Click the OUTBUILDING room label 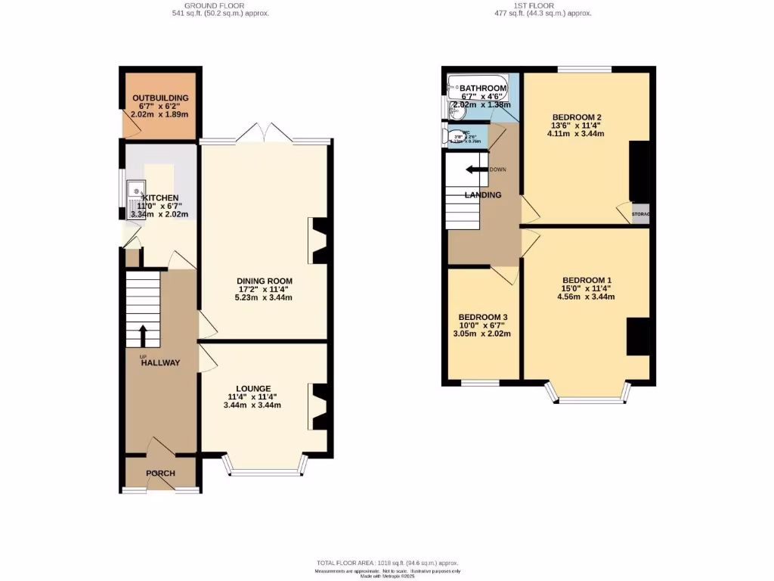click(159, 98)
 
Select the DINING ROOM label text click(264, 280)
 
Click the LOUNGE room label click(252, 388)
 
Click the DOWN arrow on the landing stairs click(476, 169)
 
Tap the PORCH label click(160, 474)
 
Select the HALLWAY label click(160, 362)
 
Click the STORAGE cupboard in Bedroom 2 click(640, 214)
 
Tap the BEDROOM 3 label click(483, 317)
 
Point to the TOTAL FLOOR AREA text click(387, 563)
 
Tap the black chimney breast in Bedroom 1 click(638, 337)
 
